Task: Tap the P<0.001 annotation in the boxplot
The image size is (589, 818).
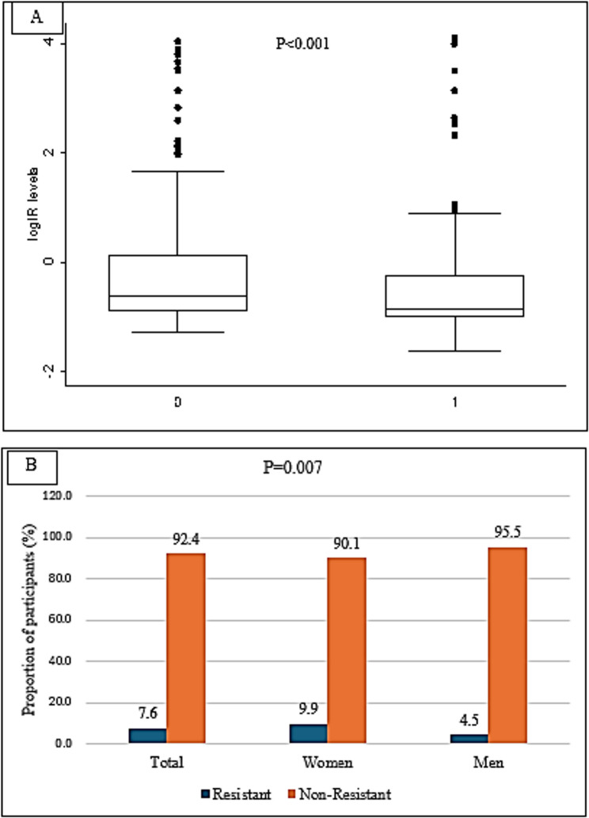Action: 302,44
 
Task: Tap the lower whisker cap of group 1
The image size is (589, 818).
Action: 455,351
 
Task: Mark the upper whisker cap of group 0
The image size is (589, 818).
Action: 177,171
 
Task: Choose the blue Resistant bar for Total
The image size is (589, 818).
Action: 148,736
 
